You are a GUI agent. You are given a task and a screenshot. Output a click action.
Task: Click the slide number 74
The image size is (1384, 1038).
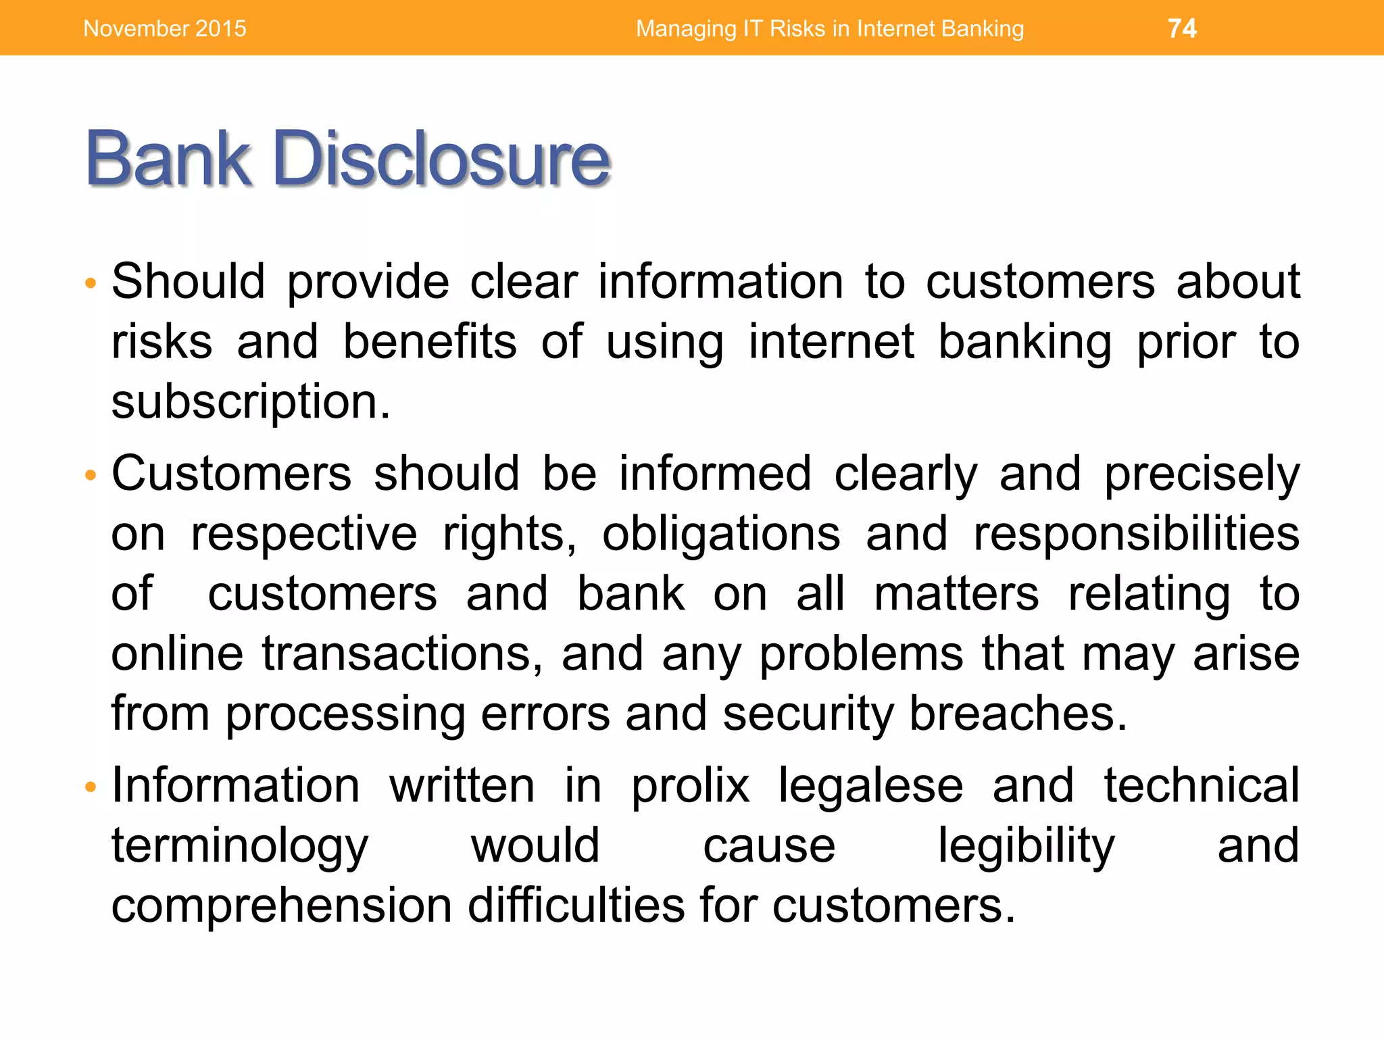tap(1182, 28)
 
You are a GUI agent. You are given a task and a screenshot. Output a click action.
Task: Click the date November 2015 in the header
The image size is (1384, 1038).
tap(165, 28)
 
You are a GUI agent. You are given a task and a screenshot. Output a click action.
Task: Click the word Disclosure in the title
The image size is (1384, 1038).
tap(442, 159)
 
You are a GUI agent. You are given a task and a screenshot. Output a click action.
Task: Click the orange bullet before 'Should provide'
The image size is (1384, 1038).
tap(91, 282)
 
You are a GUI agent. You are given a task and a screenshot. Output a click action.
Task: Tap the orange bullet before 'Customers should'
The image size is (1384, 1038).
tap(91, 475)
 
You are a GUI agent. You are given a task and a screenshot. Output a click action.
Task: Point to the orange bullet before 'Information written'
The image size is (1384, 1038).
tap(91, 787)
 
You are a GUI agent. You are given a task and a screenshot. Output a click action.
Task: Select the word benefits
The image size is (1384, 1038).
tap(430, 342)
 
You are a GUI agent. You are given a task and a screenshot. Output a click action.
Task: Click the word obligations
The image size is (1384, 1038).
tap(721, 535)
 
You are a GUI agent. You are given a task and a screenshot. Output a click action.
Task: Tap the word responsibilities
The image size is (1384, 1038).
tap(1136, 535)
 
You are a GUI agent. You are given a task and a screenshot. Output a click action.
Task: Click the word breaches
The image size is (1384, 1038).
tap(1018, 714)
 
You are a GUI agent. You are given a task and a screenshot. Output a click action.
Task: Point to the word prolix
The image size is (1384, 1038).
tap(690, 787)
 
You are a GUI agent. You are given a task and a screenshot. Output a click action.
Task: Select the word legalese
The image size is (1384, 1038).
tap(870, 787)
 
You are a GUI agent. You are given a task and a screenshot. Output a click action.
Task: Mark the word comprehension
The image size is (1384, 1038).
tap(282, 906)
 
